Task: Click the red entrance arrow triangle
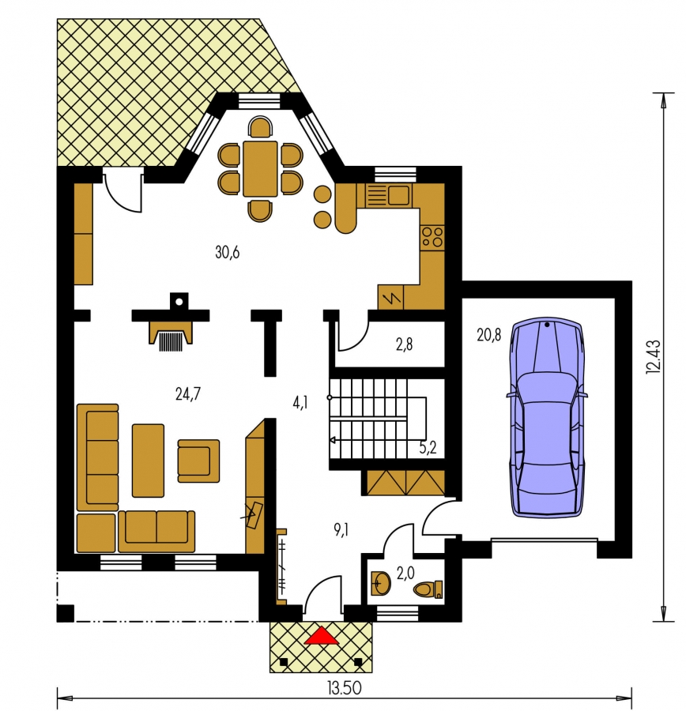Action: coord(322,635)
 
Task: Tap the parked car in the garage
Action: coord(547,417)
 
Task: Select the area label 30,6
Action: coord(228,252)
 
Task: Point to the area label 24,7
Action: coord(188,394)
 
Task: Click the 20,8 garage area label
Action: coord(488,335)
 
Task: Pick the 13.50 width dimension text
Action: coord(345,688)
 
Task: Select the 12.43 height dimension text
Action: coord(654,357)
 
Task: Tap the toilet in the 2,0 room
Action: coord(428,589)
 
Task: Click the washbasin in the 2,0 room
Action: coord(380,583)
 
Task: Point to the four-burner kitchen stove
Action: coord(432,237)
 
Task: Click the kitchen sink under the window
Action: coord(388,195)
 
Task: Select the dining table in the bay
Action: coord(260,169)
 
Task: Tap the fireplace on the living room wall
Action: coord(171,336)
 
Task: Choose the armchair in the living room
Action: coord(198,461)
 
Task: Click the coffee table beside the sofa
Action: coord(148,461)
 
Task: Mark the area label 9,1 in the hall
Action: coord(341,529)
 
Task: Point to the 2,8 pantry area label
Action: coord(404,344)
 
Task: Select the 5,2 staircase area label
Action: coord(428,448)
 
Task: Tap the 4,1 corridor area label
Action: coord(300,402)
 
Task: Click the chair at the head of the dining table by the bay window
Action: coord(260,127)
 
